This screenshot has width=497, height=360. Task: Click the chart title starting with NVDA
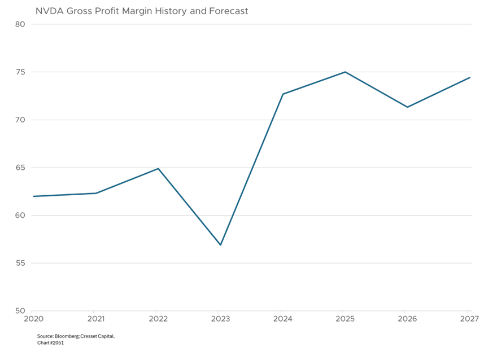142,11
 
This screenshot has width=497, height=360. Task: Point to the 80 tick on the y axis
20,24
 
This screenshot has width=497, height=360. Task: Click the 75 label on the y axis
20,72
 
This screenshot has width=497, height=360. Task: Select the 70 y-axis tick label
20,120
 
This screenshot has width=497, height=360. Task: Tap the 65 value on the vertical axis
20,168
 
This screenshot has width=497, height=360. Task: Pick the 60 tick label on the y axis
20,216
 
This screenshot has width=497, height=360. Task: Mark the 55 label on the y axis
20,264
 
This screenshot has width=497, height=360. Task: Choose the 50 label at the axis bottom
20,311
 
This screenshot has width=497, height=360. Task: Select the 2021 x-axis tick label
95,319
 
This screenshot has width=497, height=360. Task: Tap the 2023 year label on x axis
220,319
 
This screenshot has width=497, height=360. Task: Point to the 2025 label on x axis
345,319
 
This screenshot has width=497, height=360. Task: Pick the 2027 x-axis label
468,319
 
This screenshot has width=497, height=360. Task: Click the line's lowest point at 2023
220,245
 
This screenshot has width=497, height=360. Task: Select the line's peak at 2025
345,72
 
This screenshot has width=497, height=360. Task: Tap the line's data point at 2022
158,168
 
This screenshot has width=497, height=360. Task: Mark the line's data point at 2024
282,94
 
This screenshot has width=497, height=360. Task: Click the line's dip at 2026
407,107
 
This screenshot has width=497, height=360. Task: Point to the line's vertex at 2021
95,193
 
